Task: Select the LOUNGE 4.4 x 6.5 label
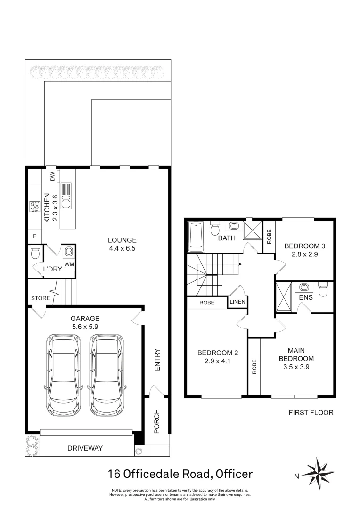(122, 244)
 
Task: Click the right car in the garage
(107, 374)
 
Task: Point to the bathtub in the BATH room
(196, 237)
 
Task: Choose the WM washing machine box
(69, 265)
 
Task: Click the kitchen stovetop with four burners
(35, 206)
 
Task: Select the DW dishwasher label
(52, 176)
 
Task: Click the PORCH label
(157, 420)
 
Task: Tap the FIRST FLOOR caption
(311, 412)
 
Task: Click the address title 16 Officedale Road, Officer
(180, 474)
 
